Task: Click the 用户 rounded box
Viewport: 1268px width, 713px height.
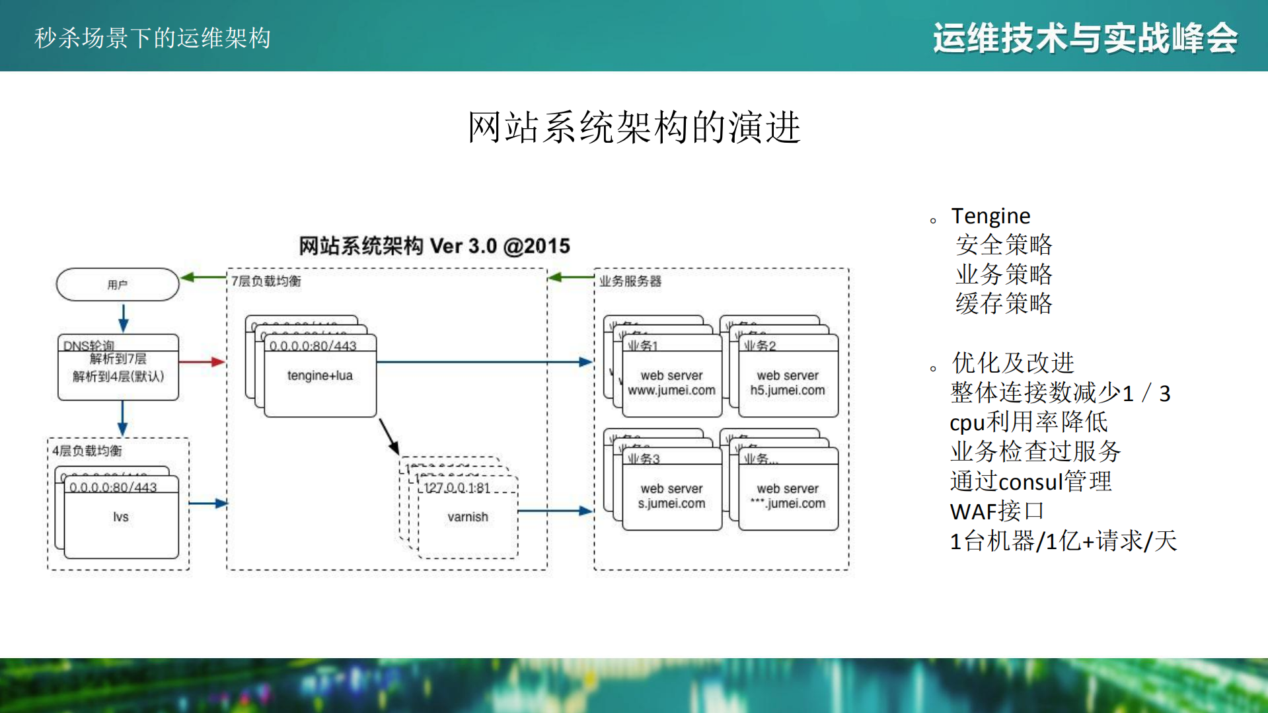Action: tap(118, 285)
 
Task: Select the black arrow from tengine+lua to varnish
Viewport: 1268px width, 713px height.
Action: tap(389, 436)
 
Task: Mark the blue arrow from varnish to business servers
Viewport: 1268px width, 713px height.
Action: tap(555, 511)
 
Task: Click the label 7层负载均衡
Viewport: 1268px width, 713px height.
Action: tap(266, 281)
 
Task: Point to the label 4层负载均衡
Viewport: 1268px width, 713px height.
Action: tap(87, 451)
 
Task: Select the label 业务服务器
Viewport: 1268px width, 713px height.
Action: tap(630, 281)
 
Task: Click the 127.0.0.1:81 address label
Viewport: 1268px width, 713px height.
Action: tap(457, 488)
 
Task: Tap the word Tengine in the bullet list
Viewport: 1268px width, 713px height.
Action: tap(990, 216)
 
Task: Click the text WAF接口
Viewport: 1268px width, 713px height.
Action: tap(996, 511)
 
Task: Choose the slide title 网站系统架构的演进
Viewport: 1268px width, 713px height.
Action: tap(634, 127)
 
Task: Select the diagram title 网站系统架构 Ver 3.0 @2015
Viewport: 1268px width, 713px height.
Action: tap(434, 246)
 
